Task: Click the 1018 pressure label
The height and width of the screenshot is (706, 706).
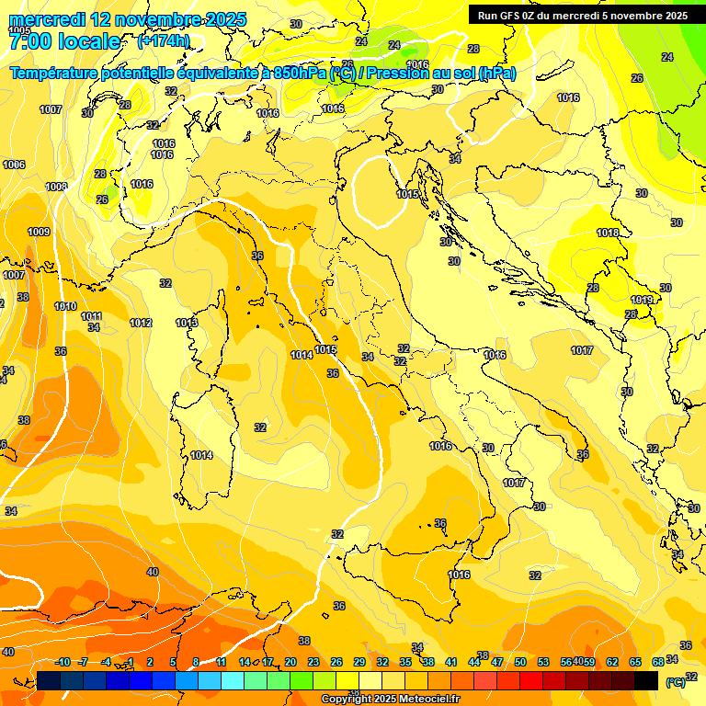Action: (608, 233)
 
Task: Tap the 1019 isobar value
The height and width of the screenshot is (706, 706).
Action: (642, 300)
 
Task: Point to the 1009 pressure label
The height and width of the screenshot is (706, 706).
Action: (39, 233)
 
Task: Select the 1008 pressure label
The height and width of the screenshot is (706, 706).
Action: (56, 187)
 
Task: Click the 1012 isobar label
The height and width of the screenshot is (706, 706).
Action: (141, 323)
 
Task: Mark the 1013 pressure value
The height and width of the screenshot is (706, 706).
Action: (187, 323)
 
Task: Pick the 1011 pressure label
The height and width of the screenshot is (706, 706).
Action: (91, 316)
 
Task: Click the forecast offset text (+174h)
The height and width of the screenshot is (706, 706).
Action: (164, 41)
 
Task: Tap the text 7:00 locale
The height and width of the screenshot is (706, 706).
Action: (64, 41)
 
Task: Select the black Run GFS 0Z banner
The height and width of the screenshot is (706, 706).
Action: (583, 16)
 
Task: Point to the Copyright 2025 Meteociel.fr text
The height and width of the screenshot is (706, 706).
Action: (390, 699)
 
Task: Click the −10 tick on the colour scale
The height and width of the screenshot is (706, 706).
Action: (63, 662)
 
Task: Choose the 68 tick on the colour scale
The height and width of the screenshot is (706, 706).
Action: (658, 662)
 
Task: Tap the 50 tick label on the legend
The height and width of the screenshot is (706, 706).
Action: (520, 662)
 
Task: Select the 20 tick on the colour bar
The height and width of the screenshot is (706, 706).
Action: (290, 662)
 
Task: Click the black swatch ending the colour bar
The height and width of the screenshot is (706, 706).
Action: (646, 680)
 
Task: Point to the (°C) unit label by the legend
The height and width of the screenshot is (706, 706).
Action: (675, 682)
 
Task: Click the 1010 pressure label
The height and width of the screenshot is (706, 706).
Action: (65, 306)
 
